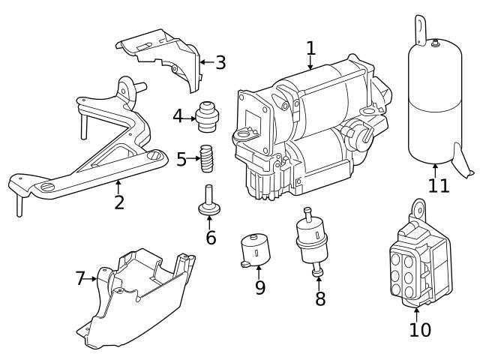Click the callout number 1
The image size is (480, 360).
(x=310, y=49)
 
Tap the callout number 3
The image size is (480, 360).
(x=220, y=62)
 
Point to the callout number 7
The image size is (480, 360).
(x=81, y=279)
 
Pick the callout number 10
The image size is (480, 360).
(x=420, y=328)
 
